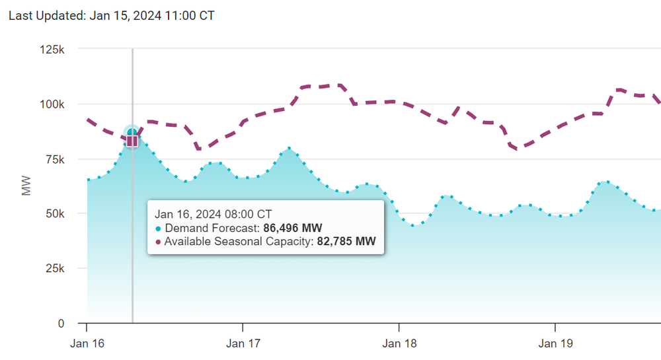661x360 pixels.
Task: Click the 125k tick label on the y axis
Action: [51, 50]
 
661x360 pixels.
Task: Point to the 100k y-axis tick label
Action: [51, 104]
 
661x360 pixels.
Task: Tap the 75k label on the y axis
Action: [54, 159]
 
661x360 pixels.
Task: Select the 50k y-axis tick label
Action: [54, 214]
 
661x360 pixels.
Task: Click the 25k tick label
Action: [54, 269]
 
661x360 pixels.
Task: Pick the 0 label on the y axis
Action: [61, 324]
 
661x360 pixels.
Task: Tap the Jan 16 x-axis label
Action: [87, 343]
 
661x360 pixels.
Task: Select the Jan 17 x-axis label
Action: [243, 343]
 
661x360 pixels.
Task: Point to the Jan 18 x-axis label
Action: [399, 343]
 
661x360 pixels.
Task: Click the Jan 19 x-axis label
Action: [555, 343]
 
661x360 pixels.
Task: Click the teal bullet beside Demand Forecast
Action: [158, 228]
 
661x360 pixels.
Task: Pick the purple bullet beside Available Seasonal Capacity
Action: [158, 242]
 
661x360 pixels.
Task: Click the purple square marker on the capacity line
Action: [132, 140]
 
